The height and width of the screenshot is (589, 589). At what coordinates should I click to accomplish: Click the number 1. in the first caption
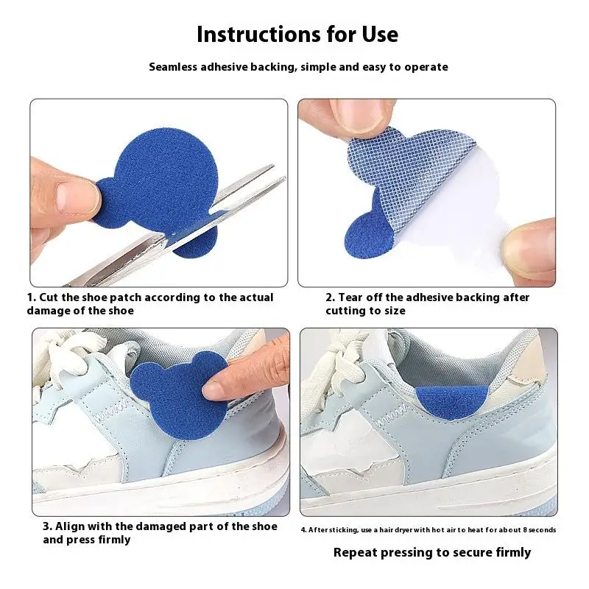point(32,297)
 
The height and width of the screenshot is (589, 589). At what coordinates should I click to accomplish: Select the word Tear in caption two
point(353,297)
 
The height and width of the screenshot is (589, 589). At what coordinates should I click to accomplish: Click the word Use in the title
point(379,34)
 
